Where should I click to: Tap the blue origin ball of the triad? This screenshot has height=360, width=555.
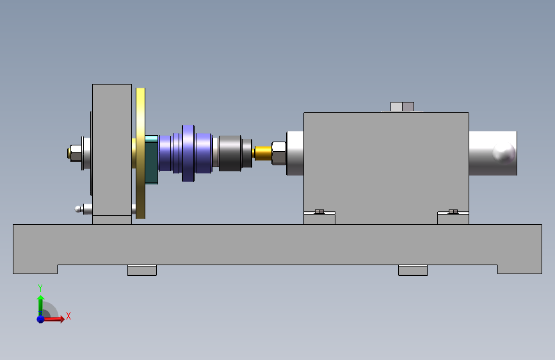tap(40, 319)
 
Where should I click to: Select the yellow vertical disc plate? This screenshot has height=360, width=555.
tap(141, 153)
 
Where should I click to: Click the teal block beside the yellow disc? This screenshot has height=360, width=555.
tap(152, 160)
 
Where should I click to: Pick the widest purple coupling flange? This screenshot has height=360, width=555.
tap(188, 153)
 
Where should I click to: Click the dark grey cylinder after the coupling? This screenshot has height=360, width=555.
tap(230, 153)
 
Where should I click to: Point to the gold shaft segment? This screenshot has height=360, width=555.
tap(263, 153)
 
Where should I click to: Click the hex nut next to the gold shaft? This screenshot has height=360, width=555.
tap(278, 153)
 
